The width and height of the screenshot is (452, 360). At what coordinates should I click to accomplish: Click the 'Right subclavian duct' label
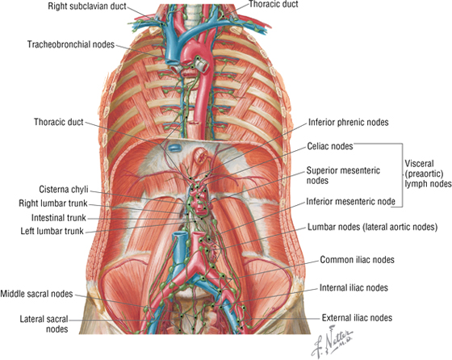coord(87,6)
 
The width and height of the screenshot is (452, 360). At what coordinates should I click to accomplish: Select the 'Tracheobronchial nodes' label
coord(71,44)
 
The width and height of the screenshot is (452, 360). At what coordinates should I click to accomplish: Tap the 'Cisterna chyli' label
coord(64,190)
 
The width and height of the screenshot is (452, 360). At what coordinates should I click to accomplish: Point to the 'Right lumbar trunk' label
coord(53,203)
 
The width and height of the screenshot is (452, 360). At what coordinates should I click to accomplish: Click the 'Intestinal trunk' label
coord(59,218)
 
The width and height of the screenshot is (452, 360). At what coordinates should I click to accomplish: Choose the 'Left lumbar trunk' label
coord(52,231)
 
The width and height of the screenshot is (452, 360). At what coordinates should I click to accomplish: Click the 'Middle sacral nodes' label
coord(36,294)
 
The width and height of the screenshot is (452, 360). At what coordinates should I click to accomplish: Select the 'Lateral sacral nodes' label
coord(44,324)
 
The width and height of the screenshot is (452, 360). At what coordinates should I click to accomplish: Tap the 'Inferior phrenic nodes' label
coord(349,122)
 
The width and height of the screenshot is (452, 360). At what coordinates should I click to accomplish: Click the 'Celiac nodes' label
coord(330,146)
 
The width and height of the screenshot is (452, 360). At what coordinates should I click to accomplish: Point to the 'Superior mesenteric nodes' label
coord(343,175)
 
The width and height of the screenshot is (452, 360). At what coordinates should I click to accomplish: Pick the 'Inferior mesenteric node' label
coord(350,201)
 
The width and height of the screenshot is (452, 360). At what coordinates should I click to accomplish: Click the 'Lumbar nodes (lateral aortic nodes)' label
coord(372,227)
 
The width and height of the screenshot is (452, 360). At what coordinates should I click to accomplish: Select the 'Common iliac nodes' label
coord(357,260)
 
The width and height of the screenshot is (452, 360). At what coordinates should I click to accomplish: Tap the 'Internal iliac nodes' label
coord(354,287)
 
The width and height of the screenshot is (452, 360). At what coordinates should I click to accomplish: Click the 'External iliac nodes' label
coord(357,318)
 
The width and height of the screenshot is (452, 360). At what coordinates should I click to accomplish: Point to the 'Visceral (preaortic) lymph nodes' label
coord(428,174)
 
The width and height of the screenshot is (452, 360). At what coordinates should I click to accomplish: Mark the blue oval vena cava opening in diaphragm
coord(174,149)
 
